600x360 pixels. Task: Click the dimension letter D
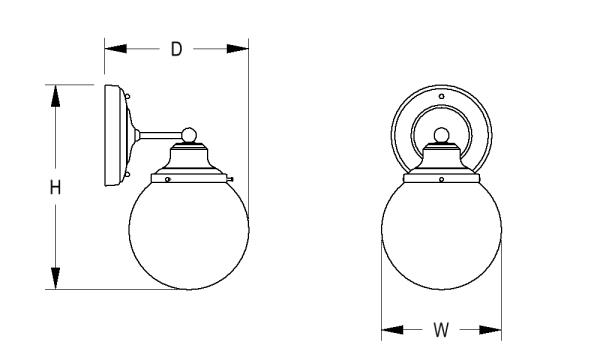coord(176,49)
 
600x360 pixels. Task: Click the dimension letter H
coord(55,187)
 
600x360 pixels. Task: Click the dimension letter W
coord(441,330)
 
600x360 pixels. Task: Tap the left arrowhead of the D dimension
coord(116,49)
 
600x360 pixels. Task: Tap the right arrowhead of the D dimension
coord(237,49)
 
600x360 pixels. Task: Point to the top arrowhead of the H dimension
coord(56,96)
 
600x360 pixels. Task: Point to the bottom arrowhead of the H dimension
coord(56,278)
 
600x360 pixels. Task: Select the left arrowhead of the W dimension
coord(393,329)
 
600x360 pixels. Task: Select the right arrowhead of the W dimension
coord(490,329)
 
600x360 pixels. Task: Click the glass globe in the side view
coord(189,233)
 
